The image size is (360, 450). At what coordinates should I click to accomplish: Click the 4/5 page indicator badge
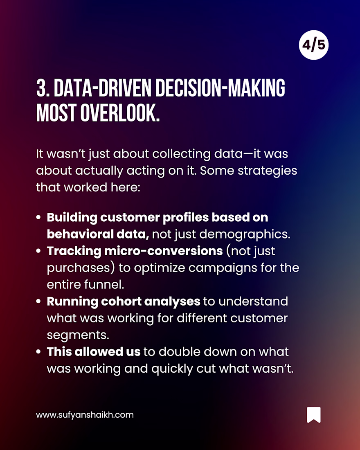(x=313, y=45)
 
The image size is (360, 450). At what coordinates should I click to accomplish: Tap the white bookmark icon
(x=314, y=415)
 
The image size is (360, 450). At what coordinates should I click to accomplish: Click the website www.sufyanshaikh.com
(x=85, y=415)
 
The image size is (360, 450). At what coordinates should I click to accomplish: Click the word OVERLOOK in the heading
(x=119, y=113)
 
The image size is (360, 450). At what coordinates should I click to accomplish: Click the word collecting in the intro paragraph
(x=182, y=154)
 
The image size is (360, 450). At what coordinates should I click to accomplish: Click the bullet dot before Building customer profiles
(x=38, y=217)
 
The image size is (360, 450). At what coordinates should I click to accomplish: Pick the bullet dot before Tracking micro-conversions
(x=38, y=251)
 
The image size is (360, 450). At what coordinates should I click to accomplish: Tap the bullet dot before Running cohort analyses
(x=38, y=301)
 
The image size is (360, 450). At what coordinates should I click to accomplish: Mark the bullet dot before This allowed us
(x=38, y=352)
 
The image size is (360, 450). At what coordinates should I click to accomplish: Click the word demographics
(x=245, y=234)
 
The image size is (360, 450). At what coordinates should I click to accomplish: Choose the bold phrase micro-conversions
(x=163, y=251)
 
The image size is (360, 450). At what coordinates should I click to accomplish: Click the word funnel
(x=104, y=284)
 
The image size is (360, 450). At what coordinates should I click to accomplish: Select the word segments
(x=78, y=335)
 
